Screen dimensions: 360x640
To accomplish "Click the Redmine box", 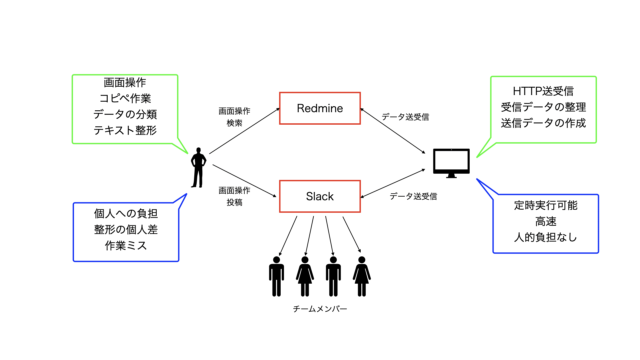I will click(x=320, y=108).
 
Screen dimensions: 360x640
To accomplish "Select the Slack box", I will click(x=320, y=196).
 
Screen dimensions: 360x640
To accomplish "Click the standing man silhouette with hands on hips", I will click(x=198, y=167).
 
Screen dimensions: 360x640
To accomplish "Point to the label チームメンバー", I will click(x=320, y=309).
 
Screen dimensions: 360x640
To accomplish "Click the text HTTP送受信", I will click(x=543, y=91).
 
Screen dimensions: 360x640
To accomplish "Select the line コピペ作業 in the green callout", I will click(x=125, y=98).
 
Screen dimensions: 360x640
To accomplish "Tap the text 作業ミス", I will click(x=126, y=246).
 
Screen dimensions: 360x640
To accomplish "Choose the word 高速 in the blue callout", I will click(x=546, y=221).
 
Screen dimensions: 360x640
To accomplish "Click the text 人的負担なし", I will click(x=545, y=237).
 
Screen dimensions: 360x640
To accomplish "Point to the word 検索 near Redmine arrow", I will click(x=234, y=123).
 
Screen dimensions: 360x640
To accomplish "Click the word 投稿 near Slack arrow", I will click(x=234, y=202).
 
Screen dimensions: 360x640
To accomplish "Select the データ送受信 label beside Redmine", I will click(x=405, y=117).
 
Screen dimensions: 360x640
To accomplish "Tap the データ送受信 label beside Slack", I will click(x=413, y=196).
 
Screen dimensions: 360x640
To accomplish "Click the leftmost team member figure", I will click(x=276, y=277).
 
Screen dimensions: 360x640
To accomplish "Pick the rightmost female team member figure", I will click(x=362, y=277).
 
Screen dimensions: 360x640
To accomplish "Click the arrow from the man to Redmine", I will click(x=244, y=131).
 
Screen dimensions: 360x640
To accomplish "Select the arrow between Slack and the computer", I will click(x=393, y=183).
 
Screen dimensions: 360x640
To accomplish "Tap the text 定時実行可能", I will click(x=545, y=205).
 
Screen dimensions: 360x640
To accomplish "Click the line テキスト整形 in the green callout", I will click(x=125, y=130).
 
